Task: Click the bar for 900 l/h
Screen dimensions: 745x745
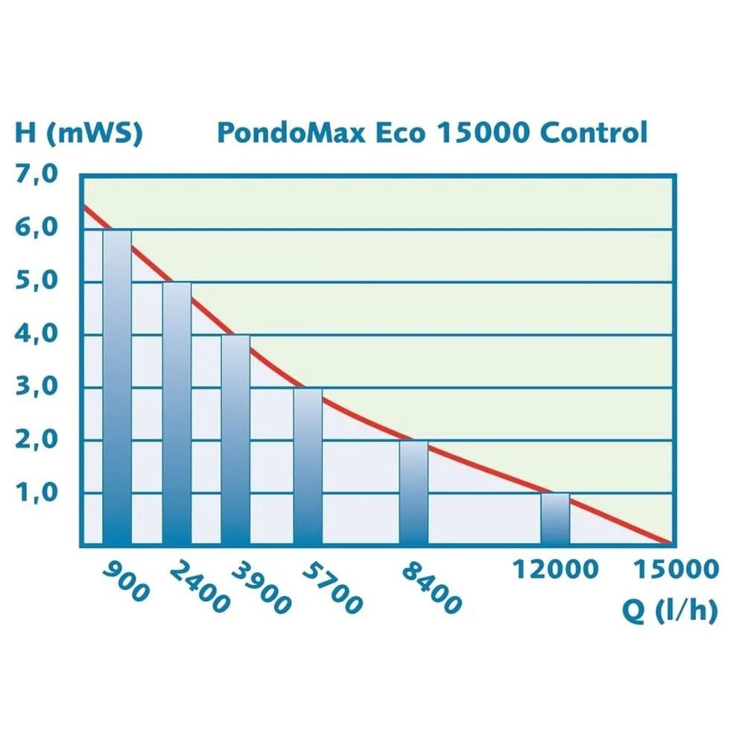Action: pos(117,387)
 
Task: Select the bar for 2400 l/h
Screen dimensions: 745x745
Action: pos(177,413)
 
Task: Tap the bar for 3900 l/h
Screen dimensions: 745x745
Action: pos(235,440)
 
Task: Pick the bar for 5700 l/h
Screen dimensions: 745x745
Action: pos(308,466)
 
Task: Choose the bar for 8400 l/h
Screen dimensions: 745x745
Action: pos(413,492)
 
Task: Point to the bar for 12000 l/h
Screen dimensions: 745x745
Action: pos(555,519)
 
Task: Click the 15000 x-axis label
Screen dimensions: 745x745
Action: pos(676,570)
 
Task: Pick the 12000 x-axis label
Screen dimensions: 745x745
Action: pos(555,570)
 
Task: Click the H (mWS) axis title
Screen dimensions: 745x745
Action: pos(78,133)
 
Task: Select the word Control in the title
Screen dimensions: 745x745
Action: pos(593,133)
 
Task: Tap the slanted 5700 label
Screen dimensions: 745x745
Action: pos(332,589)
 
